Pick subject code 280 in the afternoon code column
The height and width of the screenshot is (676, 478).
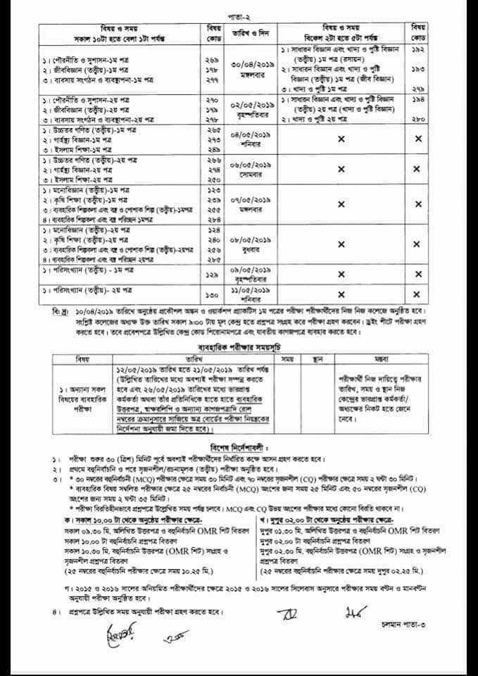[417, 121]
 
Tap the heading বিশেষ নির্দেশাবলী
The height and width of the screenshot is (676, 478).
[239, 446]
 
